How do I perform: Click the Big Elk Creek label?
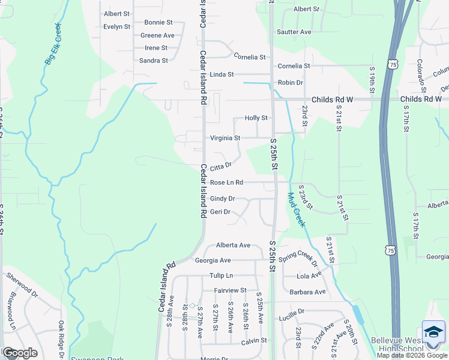[x=53, y=44]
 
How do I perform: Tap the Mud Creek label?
[x=297, y=209]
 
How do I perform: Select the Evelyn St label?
[x=116, y=27]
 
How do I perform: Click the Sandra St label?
[x=153, y=61]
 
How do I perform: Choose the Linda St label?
[x=221, y=74]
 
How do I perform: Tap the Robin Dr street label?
[x=290, y=83]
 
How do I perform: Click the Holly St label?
[x=256, y=118]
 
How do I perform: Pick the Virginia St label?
[x=224, y=138]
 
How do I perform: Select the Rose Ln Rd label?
[x=226, y=182]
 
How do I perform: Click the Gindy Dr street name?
[x=222, y=199]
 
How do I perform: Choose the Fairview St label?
[x=231, y=290]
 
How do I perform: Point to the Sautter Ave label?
[x=294, y=32]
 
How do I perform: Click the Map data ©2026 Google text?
[x=412, y=355]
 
